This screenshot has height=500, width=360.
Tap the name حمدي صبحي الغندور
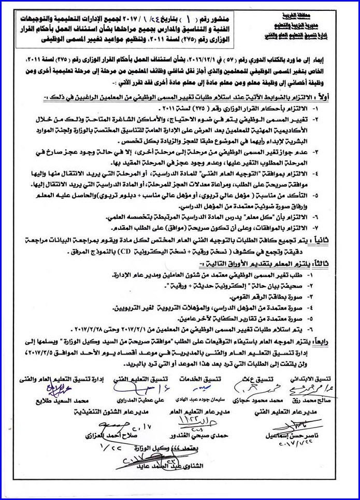[193, 436]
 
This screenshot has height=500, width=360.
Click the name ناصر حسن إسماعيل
[300, 436]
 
